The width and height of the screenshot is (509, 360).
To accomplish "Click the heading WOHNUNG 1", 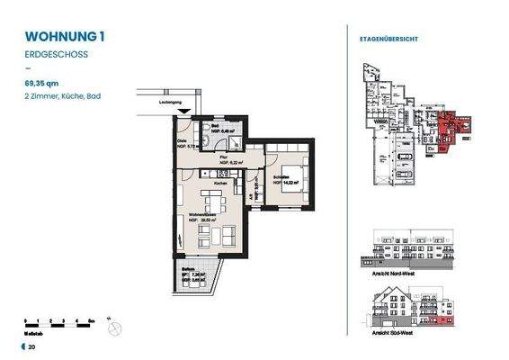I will [x=66, y=37].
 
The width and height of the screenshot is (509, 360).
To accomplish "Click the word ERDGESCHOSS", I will [x=57, y=56].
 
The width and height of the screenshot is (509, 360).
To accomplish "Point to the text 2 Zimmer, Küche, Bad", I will [x=63, y=94].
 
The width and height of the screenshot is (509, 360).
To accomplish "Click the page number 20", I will [x=31, y=346].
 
